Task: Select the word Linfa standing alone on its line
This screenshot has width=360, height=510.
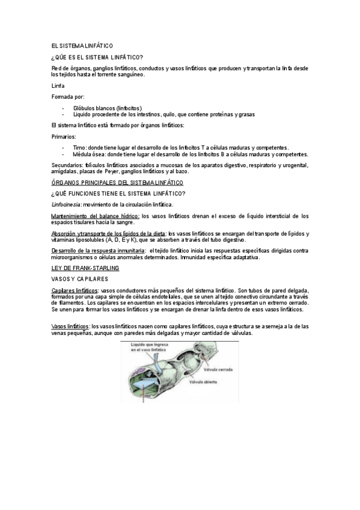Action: pyautogui.click(x=58, y=86)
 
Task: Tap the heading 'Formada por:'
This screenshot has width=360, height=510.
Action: pyautogui.click(x=68, y=96)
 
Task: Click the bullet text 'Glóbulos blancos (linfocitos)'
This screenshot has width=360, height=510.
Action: pyautogui.click(x=112, y=108)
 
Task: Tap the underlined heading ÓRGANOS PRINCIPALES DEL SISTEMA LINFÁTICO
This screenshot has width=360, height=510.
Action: pyautogui.click(x=117, y=182)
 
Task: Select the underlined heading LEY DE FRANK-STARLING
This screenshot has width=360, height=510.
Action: pyautogui.click(x=85, y=267)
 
